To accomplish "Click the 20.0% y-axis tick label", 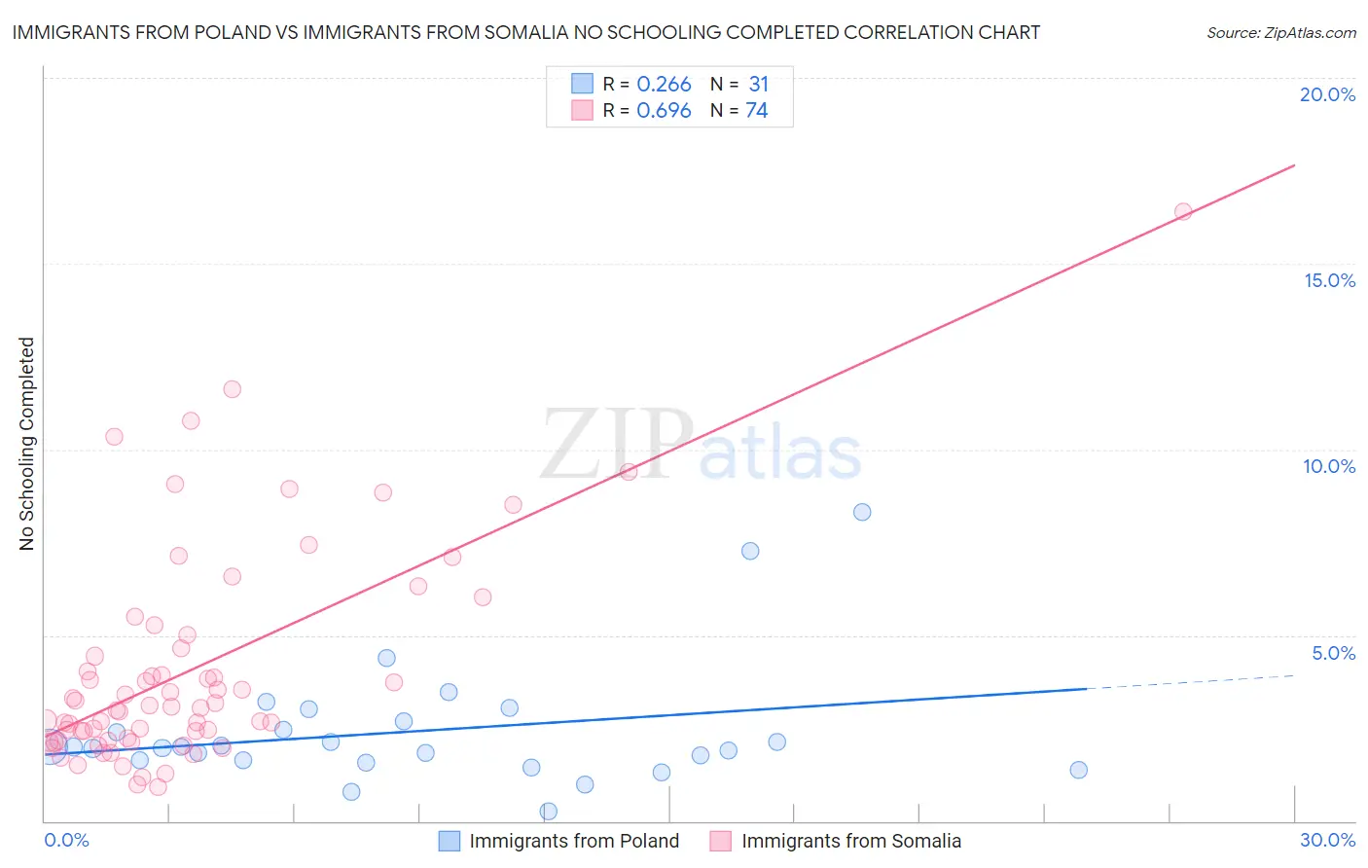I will click(x=1327, y=94).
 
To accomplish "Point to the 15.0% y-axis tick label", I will click(x=1329, y=280).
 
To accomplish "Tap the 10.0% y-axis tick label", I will click(x=1329, y=466).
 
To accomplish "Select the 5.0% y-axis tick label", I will click(x=1333, y=653).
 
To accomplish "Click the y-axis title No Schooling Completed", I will click(x=26, y=444).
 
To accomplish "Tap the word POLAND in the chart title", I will click(x=231, y=32).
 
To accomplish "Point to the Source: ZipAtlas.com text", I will click(x=1280, y=32).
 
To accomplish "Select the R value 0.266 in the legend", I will click(x=664, y=85).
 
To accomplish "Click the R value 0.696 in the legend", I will click(x=664, y=111).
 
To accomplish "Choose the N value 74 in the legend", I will click(x=756, y=111).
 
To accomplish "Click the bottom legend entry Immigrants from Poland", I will click(x=573, y=841).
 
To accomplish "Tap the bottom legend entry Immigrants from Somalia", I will click(x=850, y=841).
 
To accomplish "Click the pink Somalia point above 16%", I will click(x=1183, y=211).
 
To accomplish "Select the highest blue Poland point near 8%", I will click(x=862, y=512).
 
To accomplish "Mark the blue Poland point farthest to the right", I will click(x=1078, y=770).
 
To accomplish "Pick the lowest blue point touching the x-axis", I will click(x=548, y=811).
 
